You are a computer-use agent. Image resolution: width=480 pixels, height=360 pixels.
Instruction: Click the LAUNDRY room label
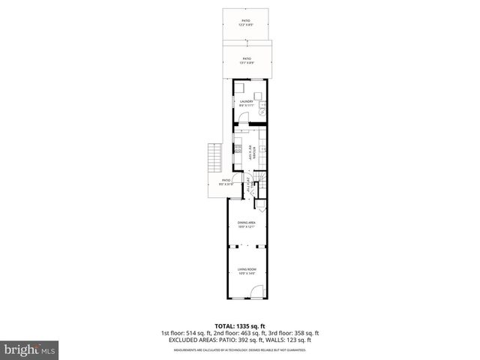(x=247, y=103)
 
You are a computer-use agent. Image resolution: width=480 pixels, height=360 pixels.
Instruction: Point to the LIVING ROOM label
(x=247, y=272)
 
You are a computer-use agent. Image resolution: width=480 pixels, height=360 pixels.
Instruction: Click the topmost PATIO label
(x=246, y=22)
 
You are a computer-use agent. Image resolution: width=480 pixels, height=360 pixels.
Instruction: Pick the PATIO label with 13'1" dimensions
(x=247, y=61)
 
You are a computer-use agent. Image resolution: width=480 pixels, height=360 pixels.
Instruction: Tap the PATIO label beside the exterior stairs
(x=225, y=181)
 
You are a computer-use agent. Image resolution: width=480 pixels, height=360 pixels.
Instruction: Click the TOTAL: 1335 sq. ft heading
(x=240, y=326)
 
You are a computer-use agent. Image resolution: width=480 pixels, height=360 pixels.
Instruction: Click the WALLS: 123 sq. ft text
(x=292, y=340)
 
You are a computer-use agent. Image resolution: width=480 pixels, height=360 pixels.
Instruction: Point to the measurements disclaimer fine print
(x=240, y=349)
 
